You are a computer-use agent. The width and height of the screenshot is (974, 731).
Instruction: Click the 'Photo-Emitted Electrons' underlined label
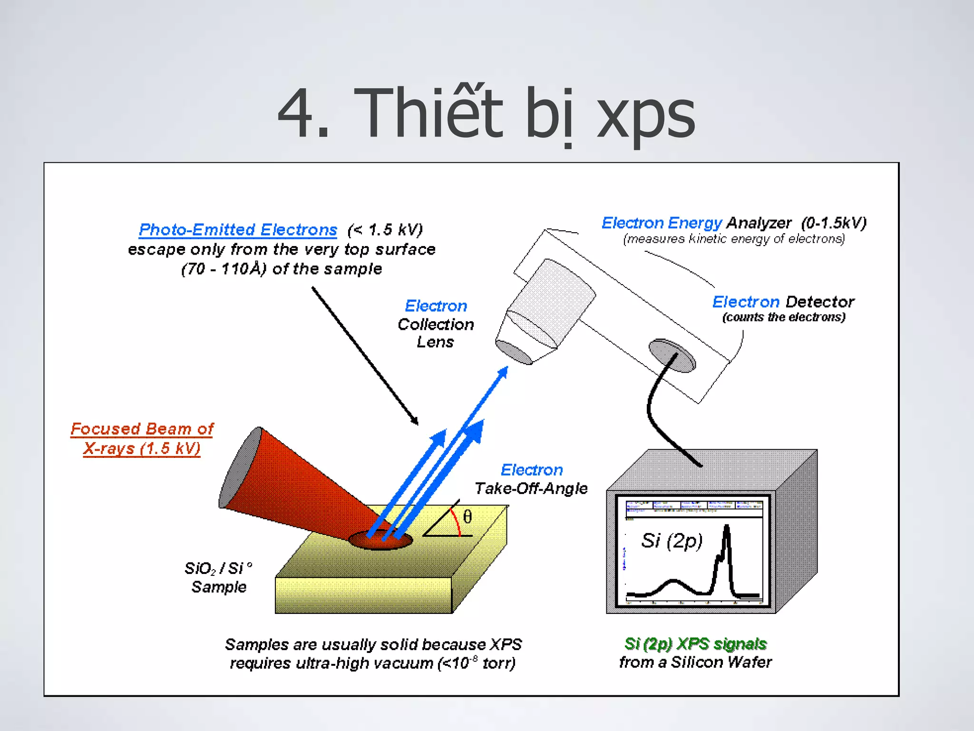238,230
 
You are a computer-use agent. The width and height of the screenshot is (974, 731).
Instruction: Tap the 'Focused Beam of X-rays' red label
142,438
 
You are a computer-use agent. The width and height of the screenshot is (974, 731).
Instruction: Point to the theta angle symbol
468,517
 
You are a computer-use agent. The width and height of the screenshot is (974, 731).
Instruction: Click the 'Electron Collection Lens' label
436,324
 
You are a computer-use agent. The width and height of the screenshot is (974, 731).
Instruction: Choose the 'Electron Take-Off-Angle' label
531,479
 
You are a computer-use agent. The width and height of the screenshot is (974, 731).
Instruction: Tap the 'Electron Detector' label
783,302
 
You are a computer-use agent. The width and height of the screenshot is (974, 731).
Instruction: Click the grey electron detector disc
672,355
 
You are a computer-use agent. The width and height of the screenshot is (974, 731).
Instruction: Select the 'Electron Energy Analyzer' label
734,223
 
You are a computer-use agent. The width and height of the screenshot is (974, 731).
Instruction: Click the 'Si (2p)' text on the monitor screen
672,541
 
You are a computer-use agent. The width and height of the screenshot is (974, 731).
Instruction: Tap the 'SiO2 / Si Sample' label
218,577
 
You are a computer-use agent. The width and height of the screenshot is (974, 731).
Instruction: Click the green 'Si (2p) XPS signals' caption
695,644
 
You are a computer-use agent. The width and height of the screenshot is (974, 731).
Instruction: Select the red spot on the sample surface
380,540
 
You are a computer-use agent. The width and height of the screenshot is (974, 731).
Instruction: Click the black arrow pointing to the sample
365,356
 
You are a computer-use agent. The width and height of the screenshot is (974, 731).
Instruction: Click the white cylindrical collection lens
547,309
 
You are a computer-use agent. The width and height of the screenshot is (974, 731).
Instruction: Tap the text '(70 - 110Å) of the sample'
282,269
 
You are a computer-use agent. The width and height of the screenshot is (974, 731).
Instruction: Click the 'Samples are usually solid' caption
373,653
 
